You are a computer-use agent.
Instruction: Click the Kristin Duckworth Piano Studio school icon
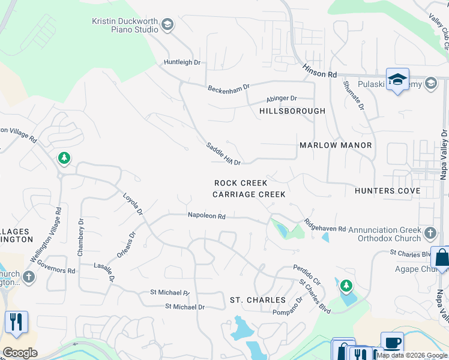pos(167,25)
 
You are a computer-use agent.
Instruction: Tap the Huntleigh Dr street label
pos(182,62)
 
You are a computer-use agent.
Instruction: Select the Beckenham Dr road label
pos(228,88)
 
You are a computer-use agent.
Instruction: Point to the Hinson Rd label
pos(320,72)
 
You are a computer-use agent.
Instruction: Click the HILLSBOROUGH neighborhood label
pos(292,111)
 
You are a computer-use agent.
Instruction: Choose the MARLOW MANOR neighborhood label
pos(336,145)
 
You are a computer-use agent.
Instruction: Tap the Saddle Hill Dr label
pos(223,154)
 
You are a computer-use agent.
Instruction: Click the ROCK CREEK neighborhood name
pos(241,182)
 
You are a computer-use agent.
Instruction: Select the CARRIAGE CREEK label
pos(249,194)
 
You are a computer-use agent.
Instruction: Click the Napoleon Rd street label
pos(206,216)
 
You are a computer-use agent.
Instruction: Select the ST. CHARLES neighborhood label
pos(258,299)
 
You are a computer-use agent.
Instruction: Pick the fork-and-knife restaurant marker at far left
pos(16,322)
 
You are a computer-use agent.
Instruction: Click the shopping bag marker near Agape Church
pos(441,258)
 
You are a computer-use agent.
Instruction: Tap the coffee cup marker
pos(392,343)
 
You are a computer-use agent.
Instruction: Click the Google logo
pos(20,353)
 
